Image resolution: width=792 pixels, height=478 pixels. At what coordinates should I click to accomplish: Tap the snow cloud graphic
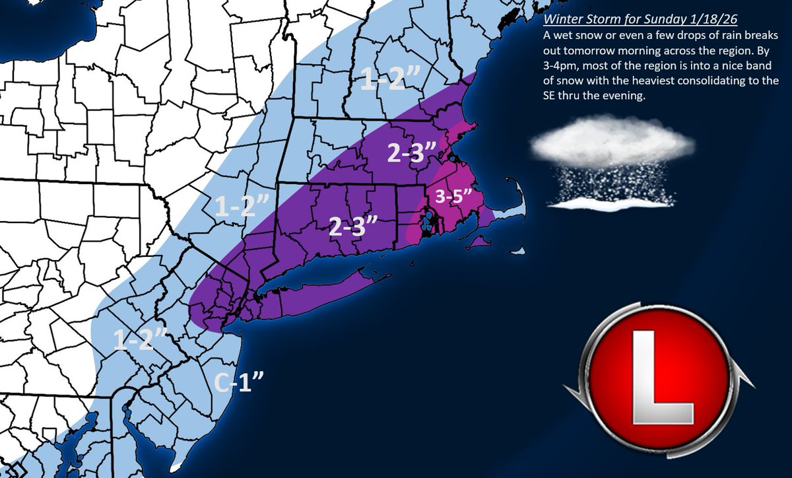coord(614,142)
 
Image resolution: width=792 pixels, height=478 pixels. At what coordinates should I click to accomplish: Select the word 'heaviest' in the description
coord(669,84)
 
